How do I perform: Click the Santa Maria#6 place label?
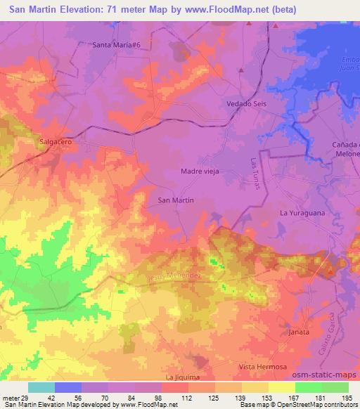[x=117, y=44]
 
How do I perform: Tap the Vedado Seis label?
[x=246, y=103]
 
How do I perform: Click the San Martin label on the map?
[x=176, y=200]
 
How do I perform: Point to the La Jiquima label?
[x=183, y=377]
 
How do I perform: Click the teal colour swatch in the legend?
[x=41, y=387]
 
